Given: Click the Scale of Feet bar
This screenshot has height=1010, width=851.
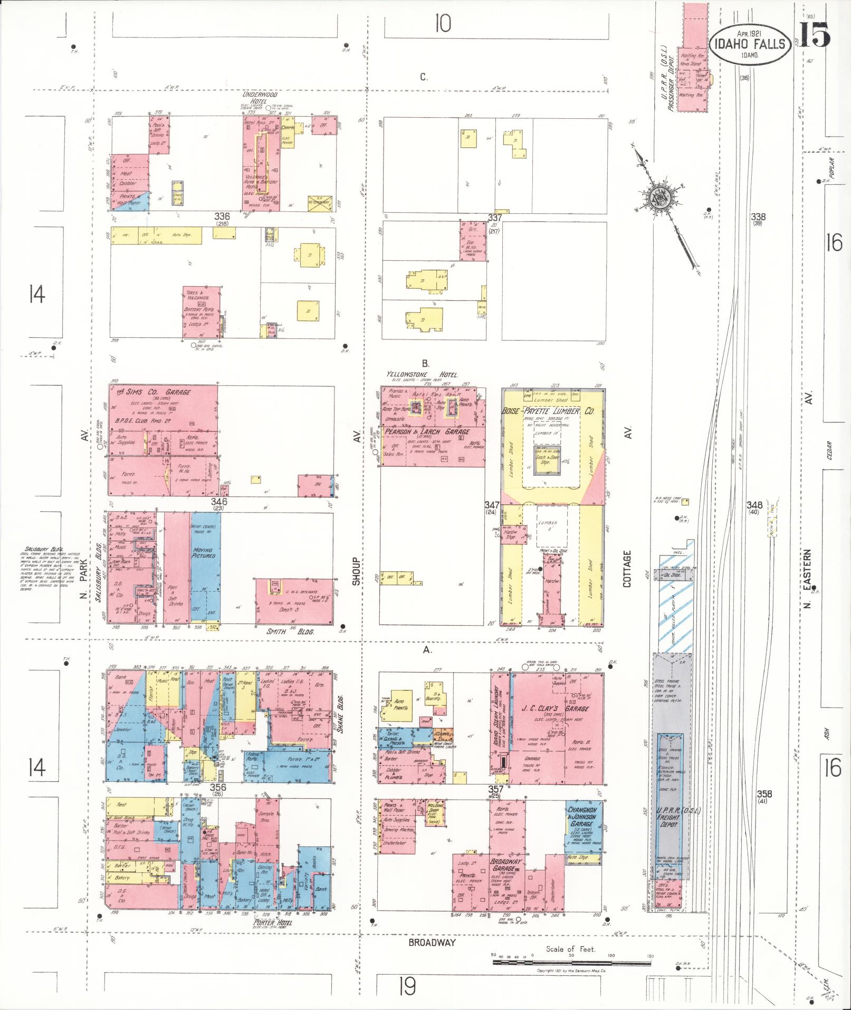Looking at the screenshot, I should click(572, 962).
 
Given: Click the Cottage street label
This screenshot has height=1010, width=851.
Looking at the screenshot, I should click(627, 569).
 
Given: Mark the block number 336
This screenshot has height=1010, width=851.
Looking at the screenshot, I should click(222, 216).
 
